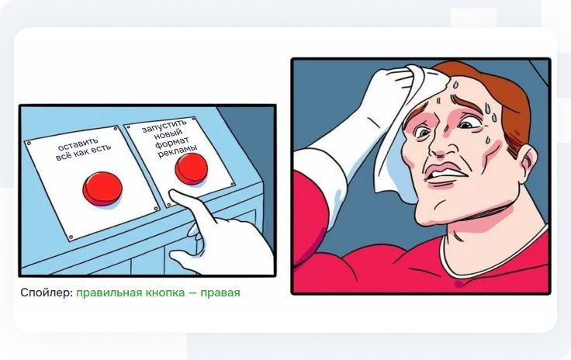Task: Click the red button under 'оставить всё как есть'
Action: [102, 189]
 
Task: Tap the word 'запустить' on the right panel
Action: [164, 126]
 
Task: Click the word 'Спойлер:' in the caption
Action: [47, 292]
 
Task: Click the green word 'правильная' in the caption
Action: [109, 292]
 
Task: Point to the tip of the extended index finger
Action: [172, 193]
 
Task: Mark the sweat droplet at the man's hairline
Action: [455, 85]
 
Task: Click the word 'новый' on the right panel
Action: [168, 134]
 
